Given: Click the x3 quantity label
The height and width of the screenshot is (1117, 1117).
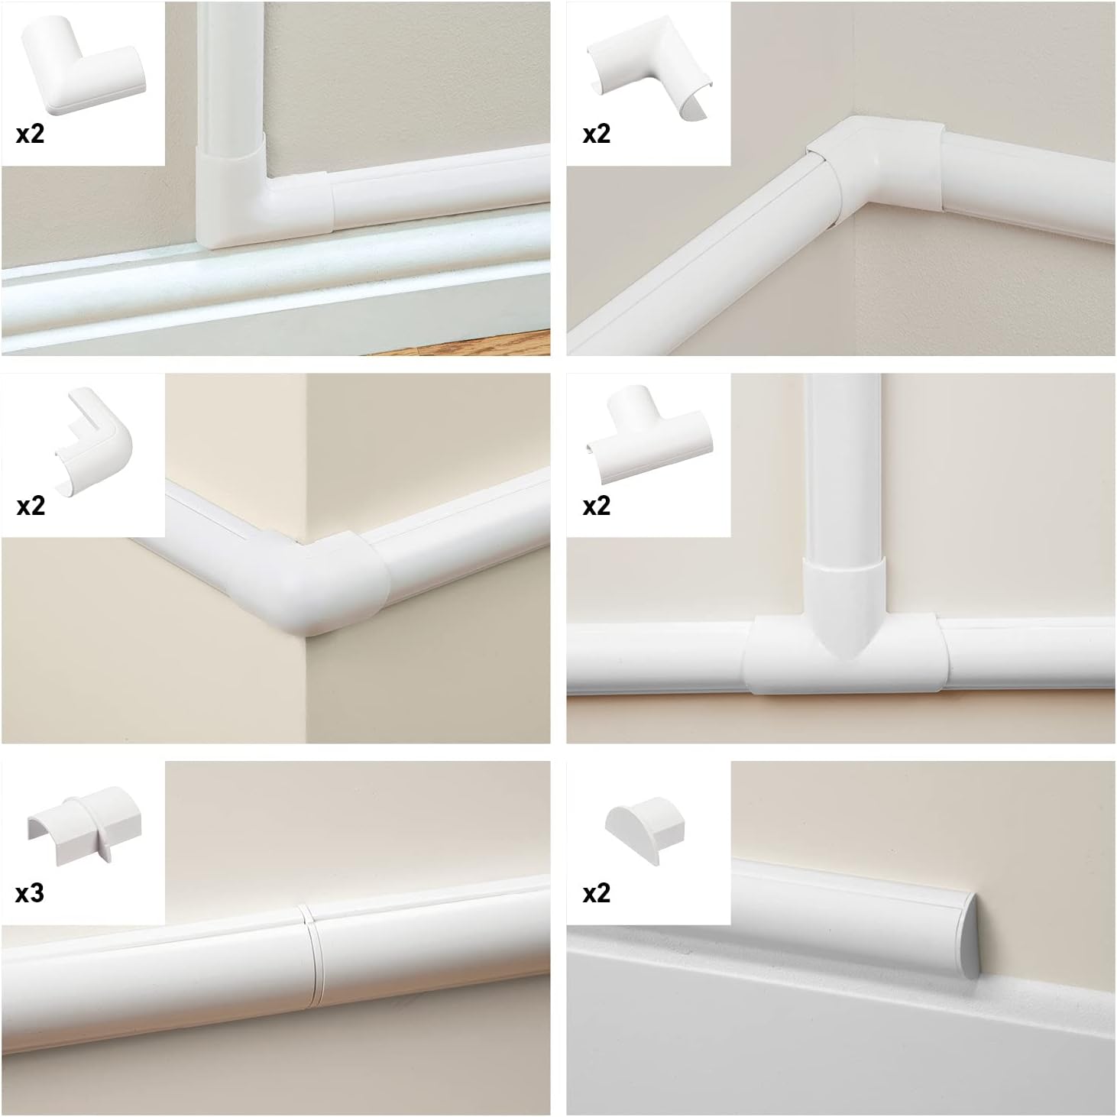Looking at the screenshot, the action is tap(30, 893).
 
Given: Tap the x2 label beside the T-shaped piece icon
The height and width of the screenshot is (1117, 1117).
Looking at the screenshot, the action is tap(597, 506).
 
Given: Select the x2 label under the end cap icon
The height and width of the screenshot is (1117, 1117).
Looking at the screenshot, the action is tap(597, 893).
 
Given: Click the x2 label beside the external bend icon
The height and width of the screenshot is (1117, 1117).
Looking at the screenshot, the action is tap(31, 506).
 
